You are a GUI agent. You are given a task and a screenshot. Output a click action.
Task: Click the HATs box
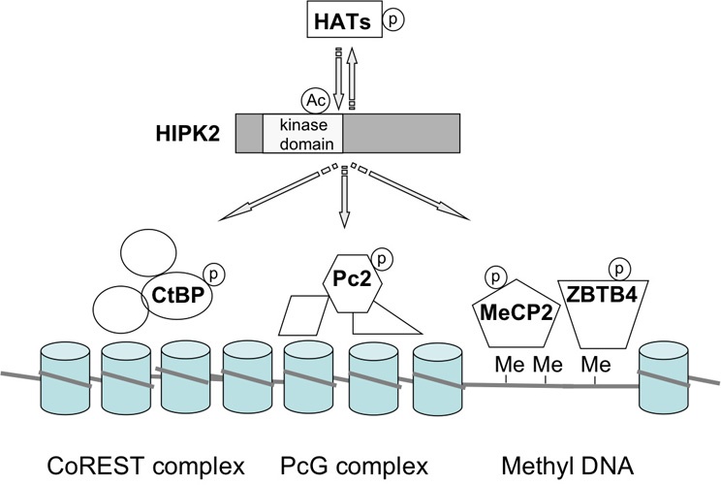point(344,19)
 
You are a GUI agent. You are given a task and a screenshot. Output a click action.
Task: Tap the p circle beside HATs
point(393,20)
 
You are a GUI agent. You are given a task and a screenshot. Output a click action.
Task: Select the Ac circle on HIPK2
point(316,101)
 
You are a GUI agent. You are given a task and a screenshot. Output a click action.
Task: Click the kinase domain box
point(303,134)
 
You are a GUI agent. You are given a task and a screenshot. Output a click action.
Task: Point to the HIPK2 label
point(188,134)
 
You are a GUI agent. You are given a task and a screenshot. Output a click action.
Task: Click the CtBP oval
point(178,295)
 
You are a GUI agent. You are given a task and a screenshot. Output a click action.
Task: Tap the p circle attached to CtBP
point(213,275)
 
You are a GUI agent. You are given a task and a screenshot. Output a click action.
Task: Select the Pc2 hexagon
point(352,283)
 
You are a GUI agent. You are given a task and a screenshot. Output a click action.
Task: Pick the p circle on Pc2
point(382,260)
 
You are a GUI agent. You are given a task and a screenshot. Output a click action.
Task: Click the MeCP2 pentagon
point(517,314)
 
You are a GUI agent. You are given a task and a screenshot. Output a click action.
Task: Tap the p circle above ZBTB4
point(619,269)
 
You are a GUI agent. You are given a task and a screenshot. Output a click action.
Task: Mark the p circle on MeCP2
point(496,277)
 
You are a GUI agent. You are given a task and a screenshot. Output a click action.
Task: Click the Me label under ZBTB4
point(596,365)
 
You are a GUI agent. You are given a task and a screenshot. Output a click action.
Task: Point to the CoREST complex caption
point(145,467)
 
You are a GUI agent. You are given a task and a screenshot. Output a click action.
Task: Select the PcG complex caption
point(354,467)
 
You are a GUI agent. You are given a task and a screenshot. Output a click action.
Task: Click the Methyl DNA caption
point(568,467)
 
